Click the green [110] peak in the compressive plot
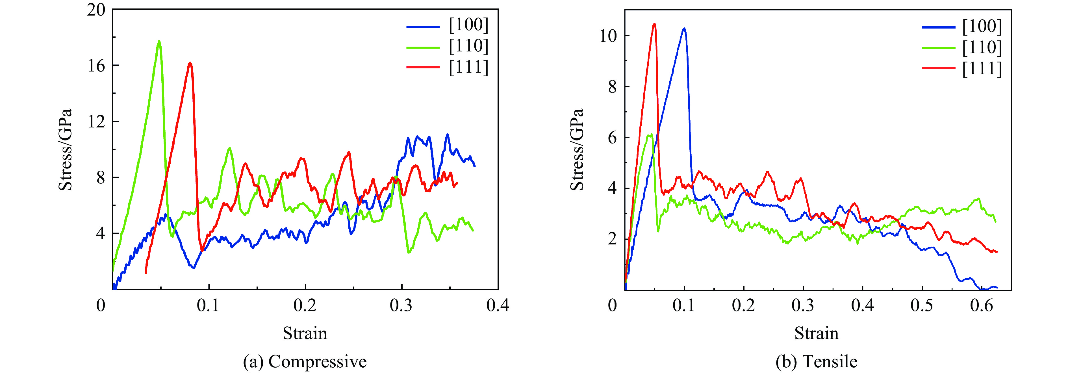(x=159, y=41)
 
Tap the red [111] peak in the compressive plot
(x=190, y=63)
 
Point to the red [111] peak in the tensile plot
(x=654, y=24)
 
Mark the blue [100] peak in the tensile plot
(x=684, y=29)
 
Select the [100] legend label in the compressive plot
(x=468, y=25)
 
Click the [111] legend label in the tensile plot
(x=982, y=68)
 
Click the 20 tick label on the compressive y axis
(x=96, y=10)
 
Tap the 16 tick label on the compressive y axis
(x=96, y=66)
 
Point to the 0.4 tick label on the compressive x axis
(x=498, y=305)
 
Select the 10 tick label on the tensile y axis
(x=608, y=36)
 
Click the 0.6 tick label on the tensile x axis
(x=981, y=305)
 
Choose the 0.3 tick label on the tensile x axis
(x=803, y=305)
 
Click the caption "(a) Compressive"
(x=305, y=361)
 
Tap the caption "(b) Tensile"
(x=816, y=361)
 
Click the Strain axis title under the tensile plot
(x=816, y=333)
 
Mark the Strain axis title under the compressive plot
(x=305, y=333)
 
